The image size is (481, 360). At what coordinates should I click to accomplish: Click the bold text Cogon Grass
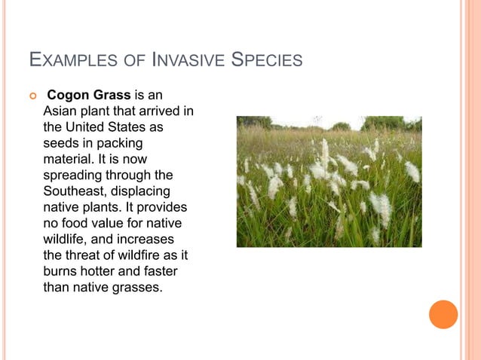coord(89,96)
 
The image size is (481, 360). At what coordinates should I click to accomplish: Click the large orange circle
coord(443,314)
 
